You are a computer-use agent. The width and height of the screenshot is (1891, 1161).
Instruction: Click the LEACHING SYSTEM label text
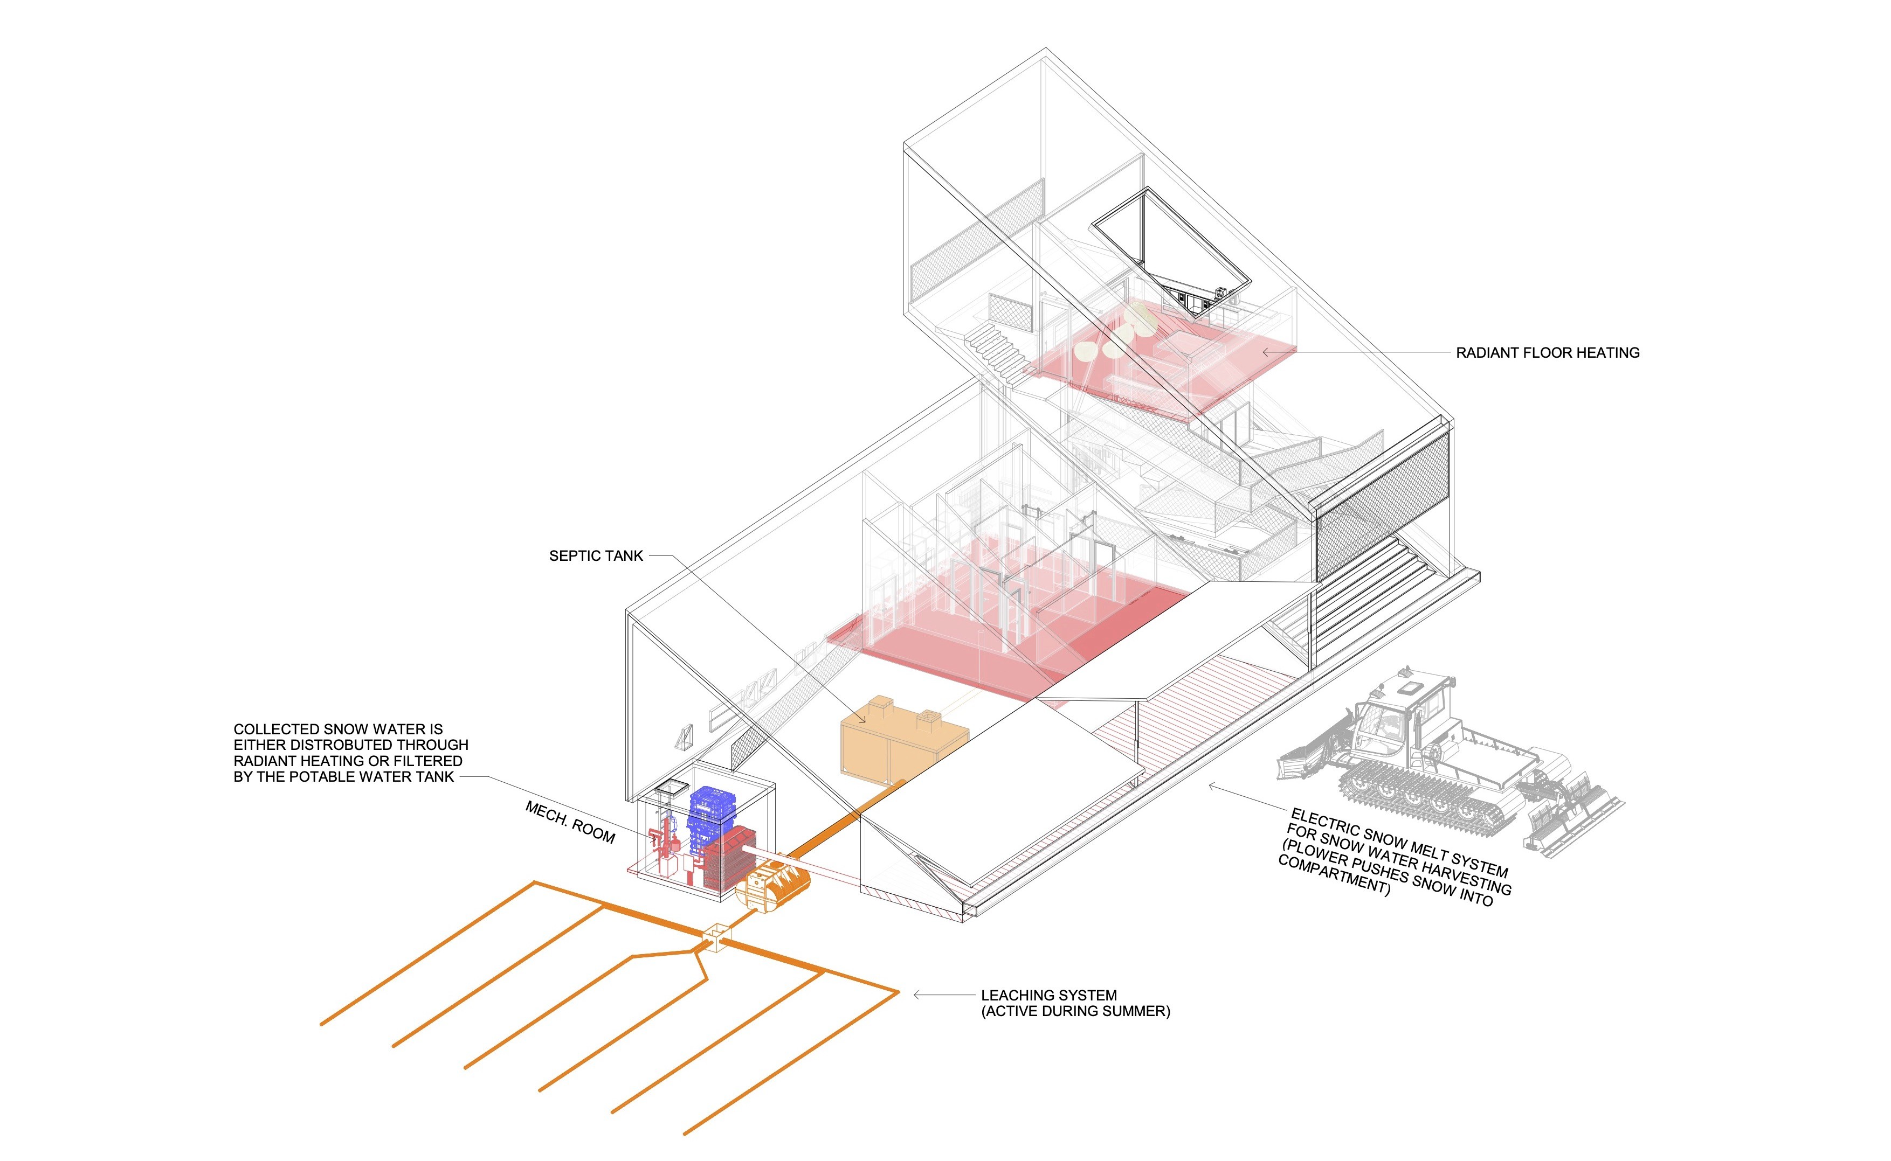(x=1048, y=995)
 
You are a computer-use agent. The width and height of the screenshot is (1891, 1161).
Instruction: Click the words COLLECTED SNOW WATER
(x=338, y=729)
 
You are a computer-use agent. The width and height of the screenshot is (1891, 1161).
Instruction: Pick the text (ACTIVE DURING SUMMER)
(x=1075, y=1012)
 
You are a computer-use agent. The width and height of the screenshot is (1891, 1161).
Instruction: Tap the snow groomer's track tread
(x=1421, y=798)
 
